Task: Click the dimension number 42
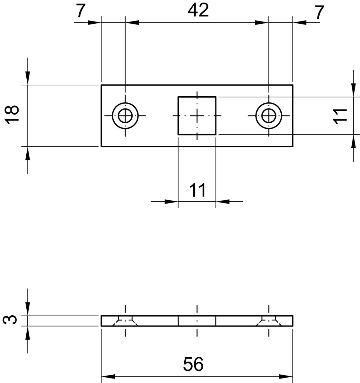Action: click(198, 10)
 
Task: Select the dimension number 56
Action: click(193, 364)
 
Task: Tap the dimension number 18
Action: click(12, 115)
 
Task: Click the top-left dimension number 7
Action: click(80, 11)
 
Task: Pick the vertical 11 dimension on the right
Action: click(340, 116)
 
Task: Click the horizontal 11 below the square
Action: click(198, 190)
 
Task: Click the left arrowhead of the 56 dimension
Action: click(108, 376)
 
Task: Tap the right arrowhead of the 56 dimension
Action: click(286, 376)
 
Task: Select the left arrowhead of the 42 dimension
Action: click(132, 22)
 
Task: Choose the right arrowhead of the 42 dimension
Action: click(262, 22)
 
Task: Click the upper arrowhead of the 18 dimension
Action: click(28, 78)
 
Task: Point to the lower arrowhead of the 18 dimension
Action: click(28, 153)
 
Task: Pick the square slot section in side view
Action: click(197, 321)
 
